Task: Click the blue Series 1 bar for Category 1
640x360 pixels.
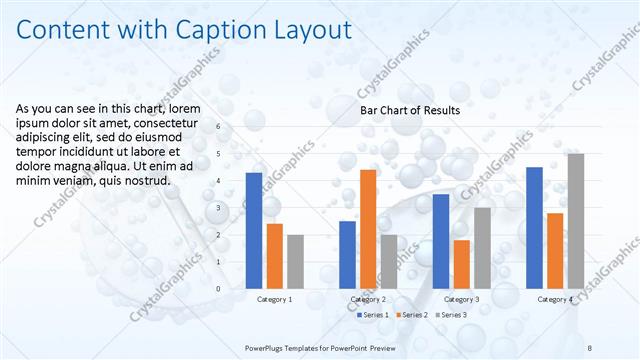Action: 254,231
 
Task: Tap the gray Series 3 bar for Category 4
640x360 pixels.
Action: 575,221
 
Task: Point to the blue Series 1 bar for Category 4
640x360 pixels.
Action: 534,228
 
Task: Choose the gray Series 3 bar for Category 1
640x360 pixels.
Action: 295,262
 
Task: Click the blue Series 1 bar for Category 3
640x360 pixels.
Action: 441,241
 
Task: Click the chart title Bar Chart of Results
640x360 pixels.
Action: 410,110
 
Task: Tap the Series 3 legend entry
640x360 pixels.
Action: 453,315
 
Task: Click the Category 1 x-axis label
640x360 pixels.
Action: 275,299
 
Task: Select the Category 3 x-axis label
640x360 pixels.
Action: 461,299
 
